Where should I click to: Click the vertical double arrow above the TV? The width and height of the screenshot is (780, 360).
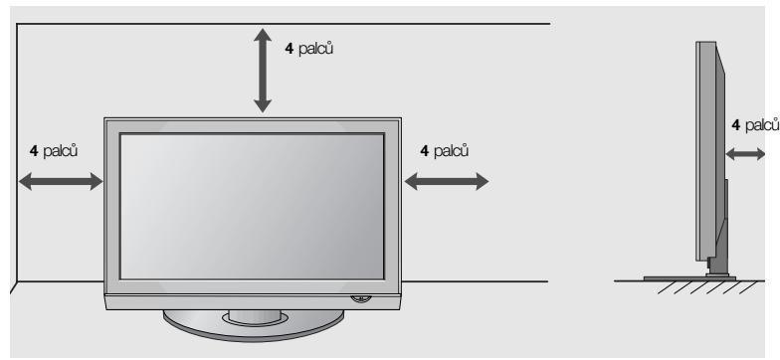coord(263,69)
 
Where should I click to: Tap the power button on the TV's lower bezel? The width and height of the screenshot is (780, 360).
coord(358,295)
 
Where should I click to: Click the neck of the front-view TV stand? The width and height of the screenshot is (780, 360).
coord(253,313)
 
